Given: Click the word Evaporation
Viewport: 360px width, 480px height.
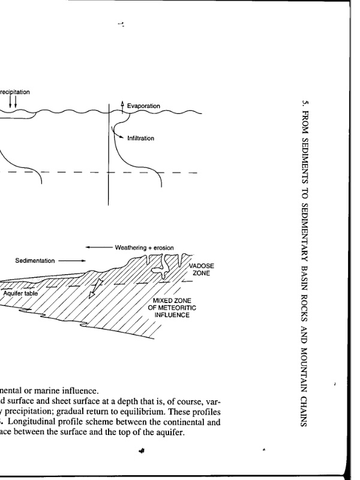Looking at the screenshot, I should (143, 106).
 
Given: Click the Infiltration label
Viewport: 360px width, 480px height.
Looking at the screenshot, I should (140, 139).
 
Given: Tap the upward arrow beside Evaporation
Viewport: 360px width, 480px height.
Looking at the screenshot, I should (122, 106).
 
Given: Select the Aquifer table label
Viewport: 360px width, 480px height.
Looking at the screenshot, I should (19, 293).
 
